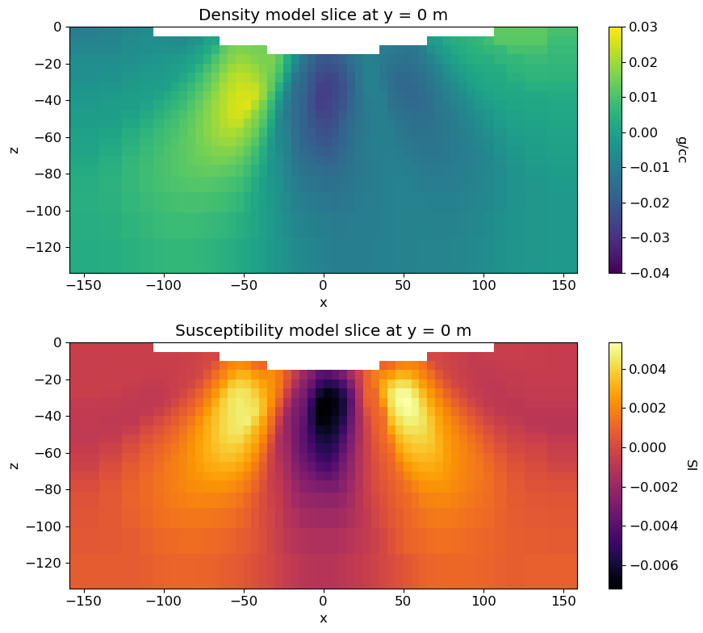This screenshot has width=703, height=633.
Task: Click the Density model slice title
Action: pos(323,15)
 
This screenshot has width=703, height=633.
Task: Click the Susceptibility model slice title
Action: pos(323,330)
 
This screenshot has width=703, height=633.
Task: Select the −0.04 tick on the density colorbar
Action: pos(650,273)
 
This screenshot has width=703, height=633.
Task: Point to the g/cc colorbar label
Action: pos(682,149)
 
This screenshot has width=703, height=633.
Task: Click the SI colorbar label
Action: pos(692,465)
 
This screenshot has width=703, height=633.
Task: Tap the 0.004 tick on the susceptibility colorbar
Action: pos(651,369)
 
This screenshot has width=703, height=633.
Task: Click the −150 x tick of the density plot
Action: pos(85,285)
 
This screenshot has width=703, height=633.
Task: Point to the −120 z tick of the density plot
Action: pos(40,247)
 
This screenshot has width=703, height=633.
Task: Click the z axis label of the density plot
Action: pos(14,149)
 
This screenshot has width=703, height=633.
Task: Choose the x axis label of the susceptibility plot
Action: pos(323,618)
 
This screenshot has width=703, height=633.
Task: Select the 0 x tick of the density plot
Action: pos(323,285)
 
